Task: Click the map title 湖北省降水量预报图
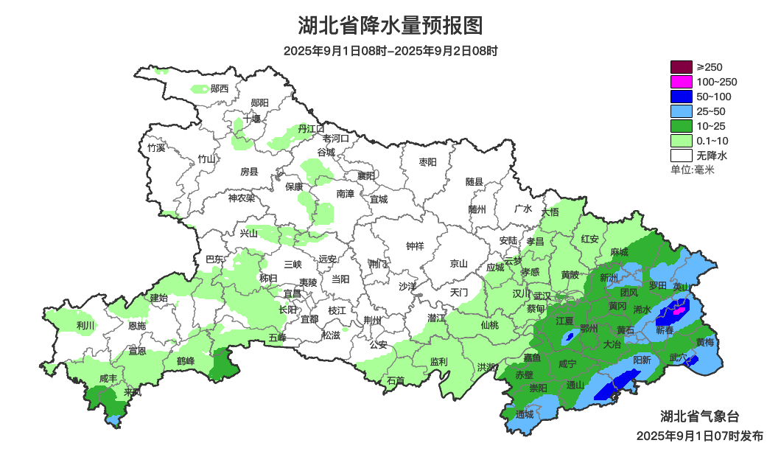[390, 26]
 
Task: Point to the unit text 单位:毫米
[693, 170]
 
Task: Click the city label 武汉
[542, 296]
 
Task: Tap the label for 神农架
[241, 198]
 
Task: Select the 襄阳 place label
[366, 175]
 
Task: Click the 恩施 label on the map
[137, 325]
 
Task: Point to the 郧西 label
[220, 88]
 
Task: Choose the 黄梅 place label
[705, 342]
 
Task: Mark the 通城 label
[525, 414]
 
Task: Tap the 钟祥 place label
[416, 246]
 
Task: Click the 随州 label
[477, 209]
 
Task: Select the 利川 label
[85, 325]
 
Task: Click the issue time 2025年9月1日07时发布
[699, 436]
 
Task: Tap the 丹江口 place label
[311, 129]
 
